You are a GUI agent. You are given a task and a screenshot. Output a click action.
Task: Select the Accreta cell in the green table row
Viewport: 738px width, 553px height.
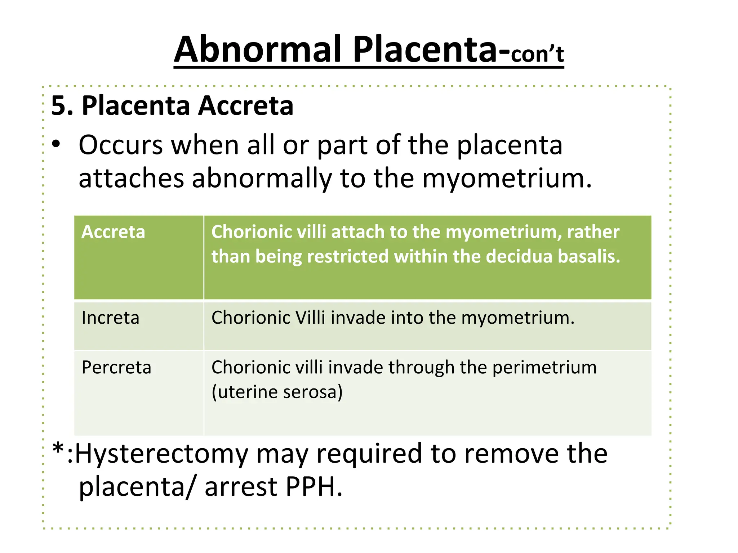(x=113, y=232)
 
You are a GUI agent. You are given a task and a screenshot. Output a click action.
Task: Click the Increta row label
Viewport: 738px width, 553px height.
(x=110, y=318)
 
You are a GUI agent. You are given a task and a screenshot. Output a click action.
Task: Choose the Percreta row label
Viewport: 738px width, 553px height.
(x=116, y=368)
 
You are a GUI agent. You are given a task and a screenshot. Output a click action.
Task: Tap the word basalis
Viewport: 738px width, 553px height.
(x=589, y=256)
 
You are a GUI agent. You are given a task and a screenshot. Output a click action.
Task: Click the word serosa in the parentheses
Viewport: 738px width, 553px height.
(x=310, y=392)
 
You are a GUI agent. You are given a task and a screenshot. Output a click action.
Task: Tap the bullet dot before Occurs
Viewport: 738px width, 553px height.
(x=56, y=144)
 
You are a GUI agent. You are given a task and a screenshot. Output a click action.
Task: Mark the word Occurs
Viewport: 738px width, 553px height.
(x=121, y=145)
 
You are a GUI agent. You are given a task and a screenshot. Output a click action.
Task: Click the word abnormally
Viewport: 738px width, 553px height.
(x=261, y=179)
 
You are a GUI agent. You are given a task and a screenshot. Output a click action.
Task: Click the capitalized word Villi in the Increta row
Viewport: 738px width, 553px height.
(x=310, y=318)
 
